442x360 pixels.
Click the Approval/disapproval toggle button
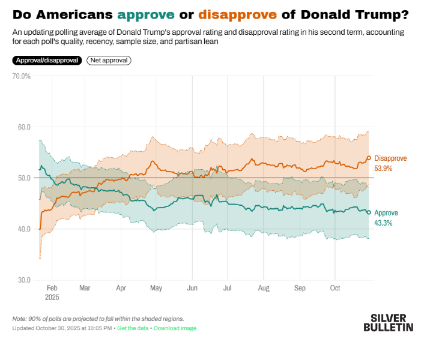[46, 60]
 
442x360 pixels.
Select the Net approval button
[109, 60]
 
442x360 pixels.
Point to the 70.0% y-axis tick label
[21, 76]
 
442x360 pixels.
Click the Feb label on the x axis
[52, 288]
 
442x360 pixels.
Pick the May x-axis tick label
[156, 288]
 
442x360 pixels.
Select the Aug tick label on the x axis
[264, 288]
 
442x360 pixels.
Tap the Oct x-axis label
[335, 288]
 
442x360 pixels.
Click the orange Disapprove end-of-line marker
[369, 158]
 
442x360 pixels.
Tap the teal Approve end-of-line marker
[369, 212]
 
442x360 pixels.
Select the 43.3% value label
[383, 223]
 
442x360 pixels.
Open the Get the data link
[133, 328]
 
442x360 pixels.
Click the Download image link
[175, 328]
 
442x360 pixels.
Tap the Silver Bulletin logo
[388, 322]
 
